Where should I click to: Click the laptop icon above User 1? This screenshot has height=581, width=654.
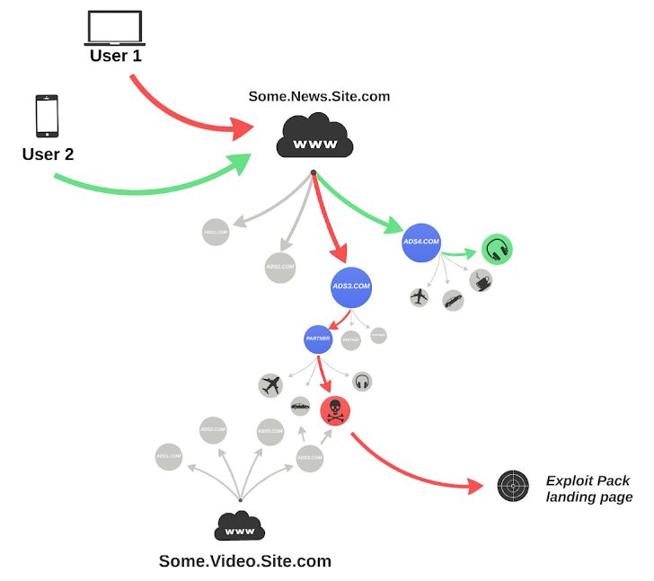tap(115, 28)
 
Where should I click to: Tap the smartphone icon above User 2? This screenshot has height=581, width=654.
tap(47, 116)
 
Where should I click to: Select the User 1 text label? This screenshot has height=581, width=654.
tap(115, 57)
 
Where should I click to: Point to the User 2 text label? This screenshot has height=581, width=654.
tap(48, 154)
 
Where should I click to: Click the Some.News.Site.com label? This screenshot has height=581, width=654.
tap(319, 96)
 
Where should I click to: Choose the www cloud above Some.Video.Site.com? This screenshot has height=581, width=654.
tap(240, 527)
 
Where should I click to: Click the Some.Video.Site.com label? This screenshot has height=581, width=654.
tap(244, 562)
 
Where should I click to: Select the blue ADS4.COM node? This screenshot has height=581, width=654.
tap(421, 242)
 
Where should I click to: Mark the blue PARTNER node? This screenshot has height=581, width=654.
tap(319, 339)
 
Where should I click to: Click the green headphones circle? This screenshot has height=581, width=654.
tap(496, 249)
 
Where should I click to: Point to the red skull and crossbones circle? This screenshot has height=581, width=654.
tap(335, 410)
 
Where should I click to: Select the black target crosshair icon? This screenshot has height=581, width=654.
tap(513, 487)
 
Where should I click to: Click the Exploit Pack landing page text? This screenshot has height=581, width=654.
tap(588, 489)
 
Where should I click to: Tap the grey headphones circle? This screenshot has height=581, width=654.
tap(362, 382)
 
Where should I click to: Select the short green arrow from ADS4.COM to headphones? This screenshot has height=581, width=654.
tap(463, 252)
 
